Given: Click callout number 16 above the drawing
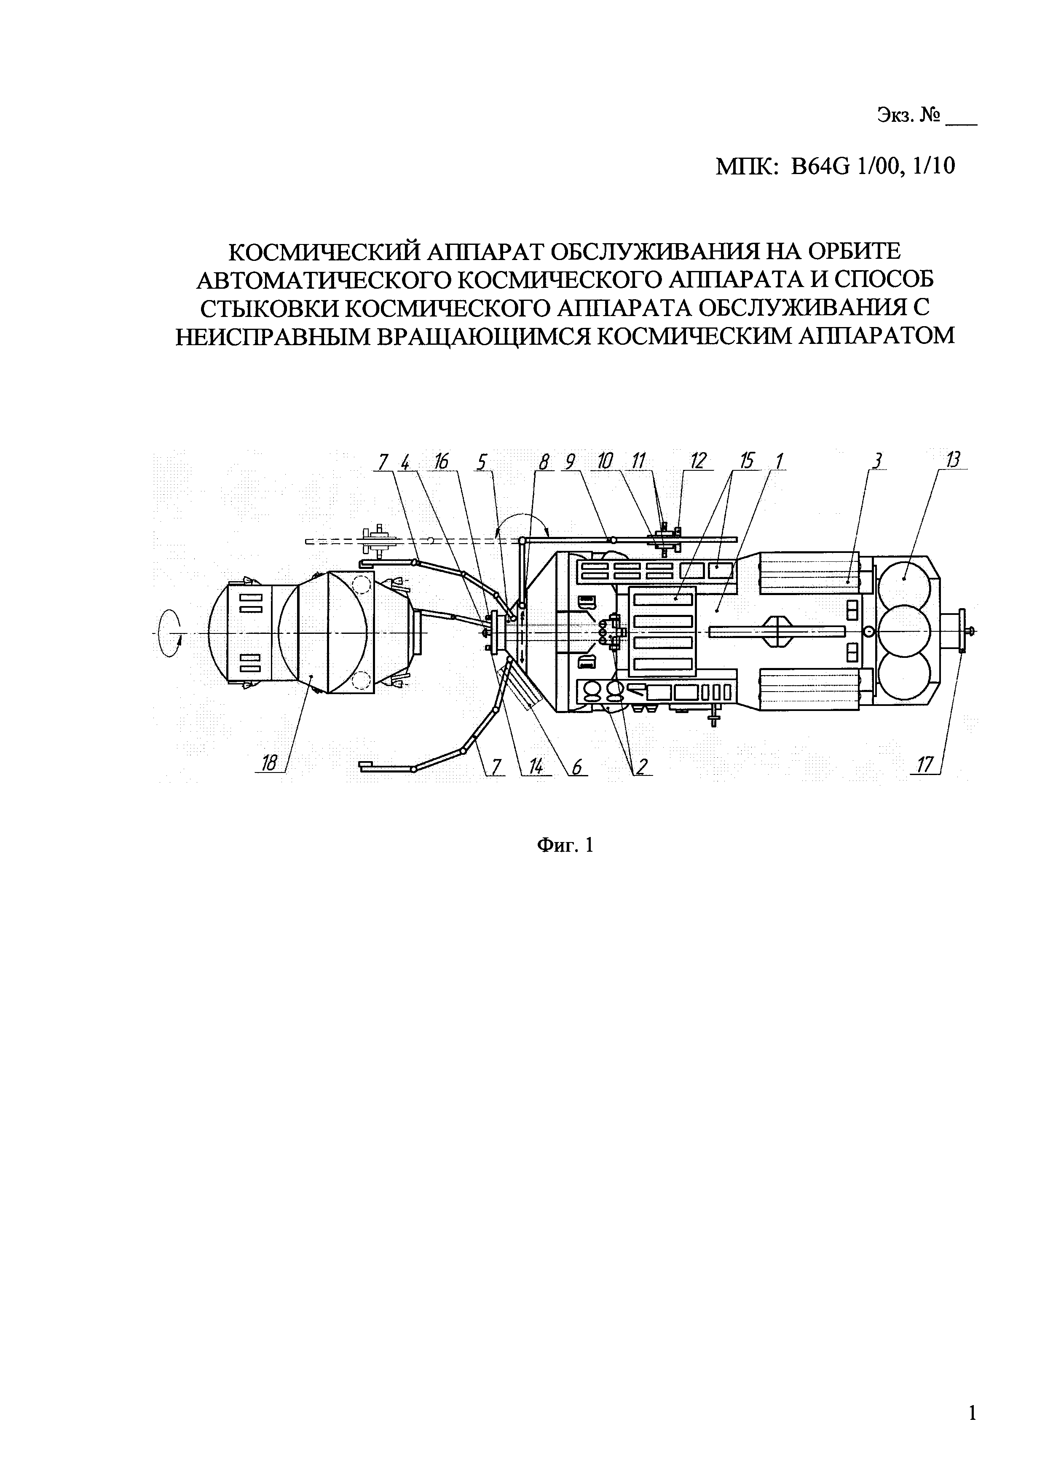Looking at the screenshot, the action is click(x=442, y=461).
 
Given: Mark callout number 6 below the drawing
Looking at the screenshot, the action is click(x=576, y=766).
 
